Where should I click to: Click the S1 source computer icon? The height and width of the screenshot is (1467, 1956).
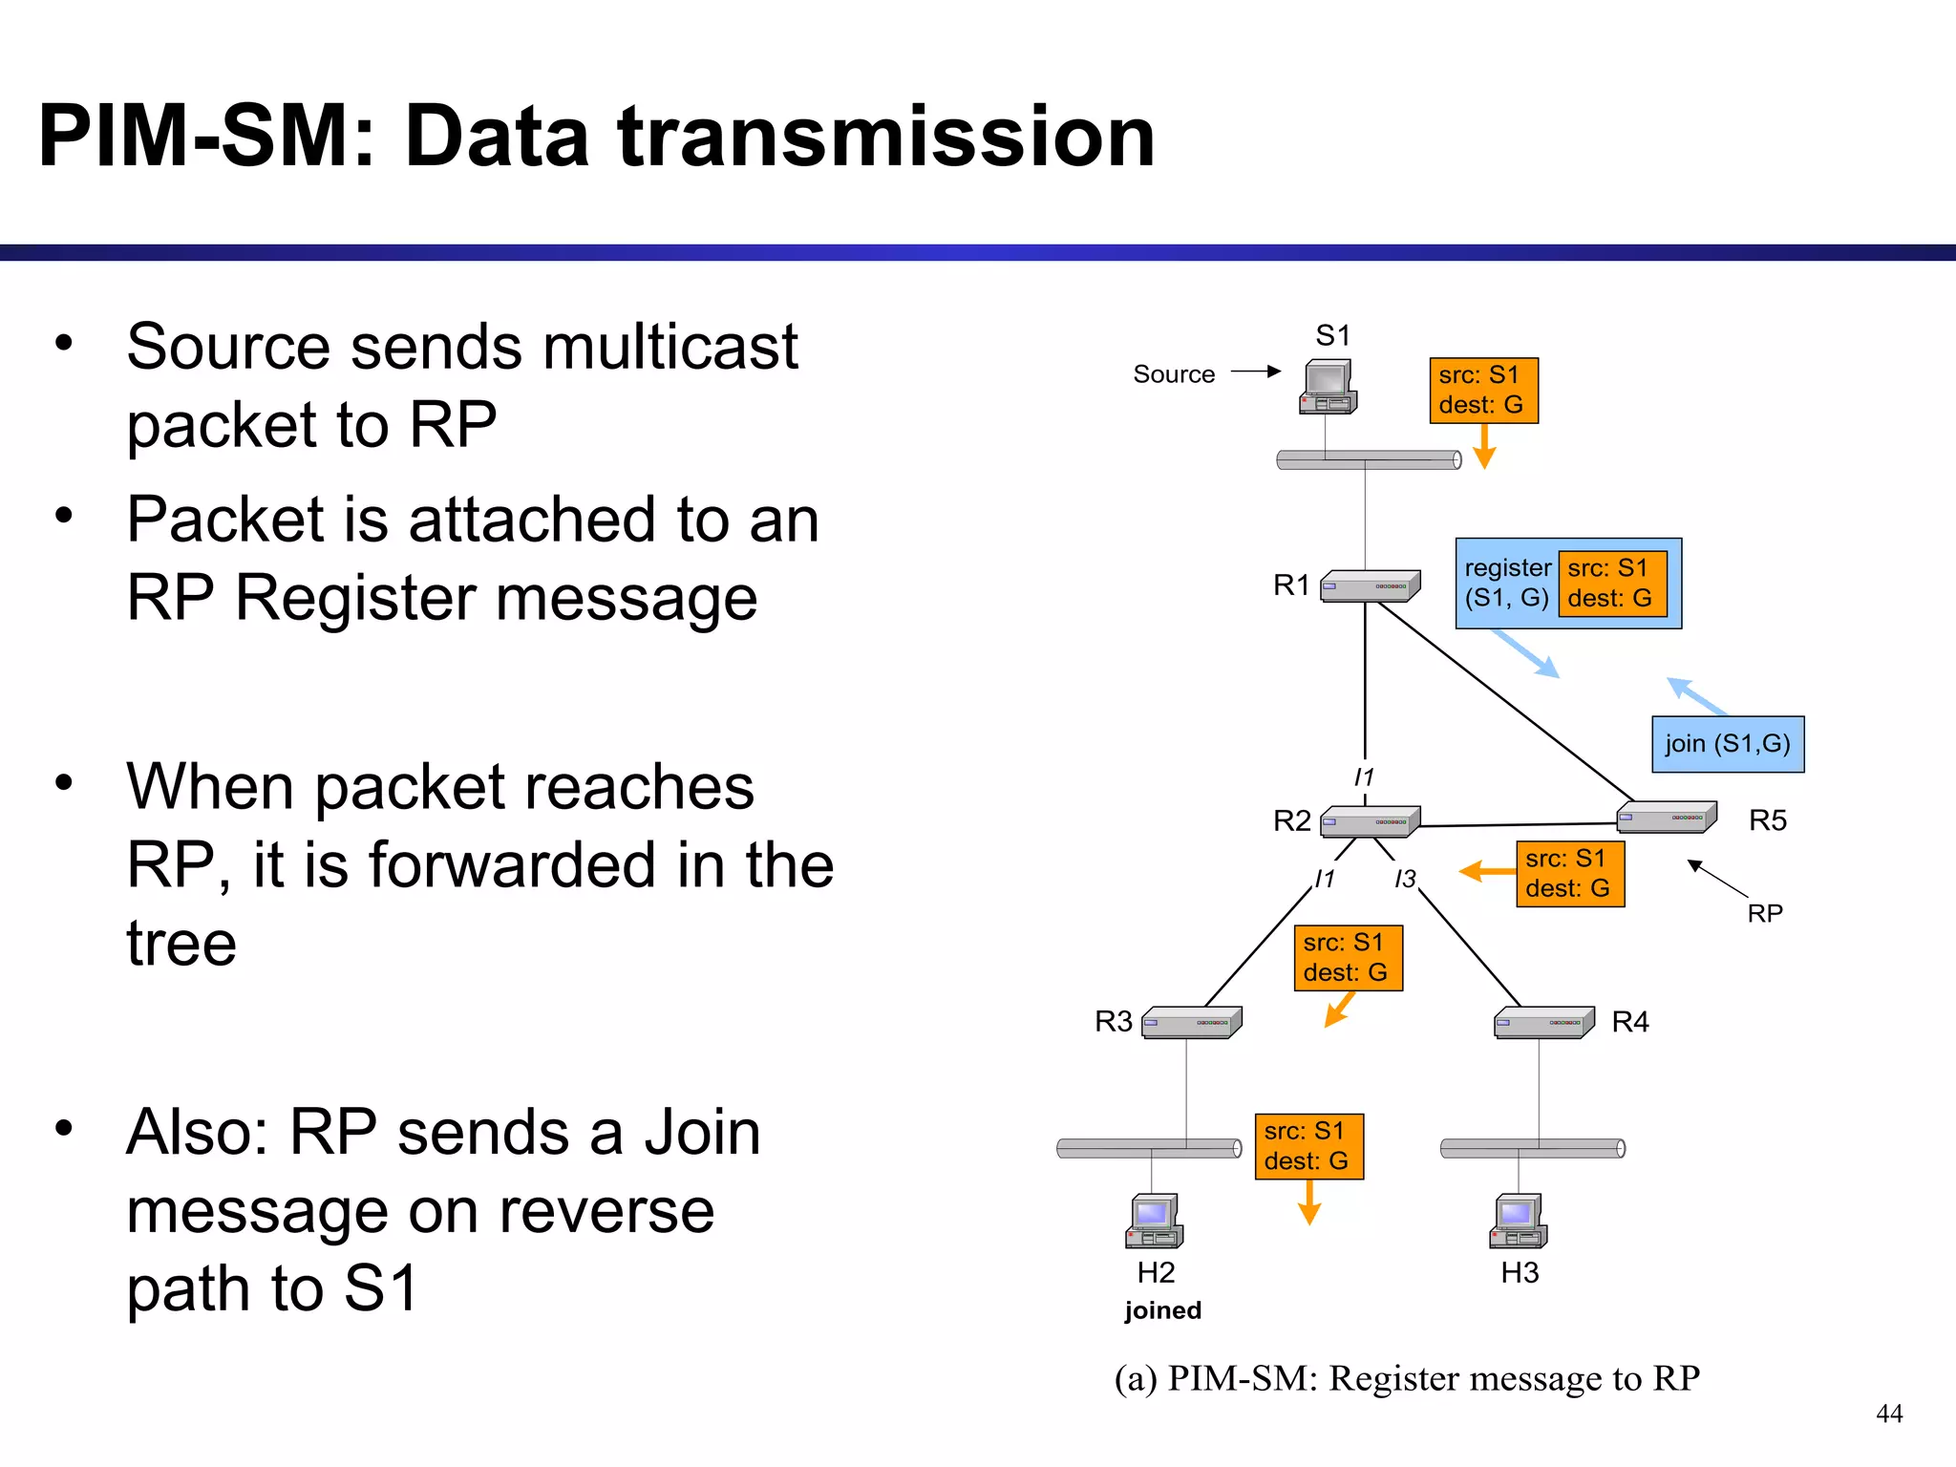click(1329, 388)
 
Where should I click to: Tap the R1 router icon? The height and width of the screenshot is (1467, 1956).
click(1370, 586)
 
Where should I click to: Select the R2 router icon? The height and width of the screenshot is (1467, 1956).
click(1370, 821)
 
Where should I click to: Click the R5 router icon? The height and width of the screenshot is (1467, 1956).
click(1667, 817)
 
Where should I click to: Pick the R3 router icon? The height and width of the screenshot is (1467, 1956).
click(1192, 1022)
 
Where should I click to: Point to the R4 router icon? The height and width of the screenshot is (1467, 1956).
click(1544, 1022)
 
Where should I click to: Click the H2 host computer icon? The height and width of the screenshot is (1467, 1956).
click(1155, 1222)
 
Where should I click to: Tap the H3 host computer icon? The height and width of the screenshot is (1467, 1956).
click(1519, 1222)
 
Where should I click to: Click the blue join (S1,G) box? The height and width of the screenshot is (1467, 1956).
click(1728, 744)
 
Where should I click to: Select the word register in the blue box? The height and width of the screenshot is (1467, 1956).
click(1507, 568)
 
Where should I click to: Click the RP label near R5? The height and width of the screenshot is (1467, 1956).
click(1765, 914)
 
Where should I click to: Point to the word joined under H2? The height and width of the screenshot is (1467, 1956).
click(1162, 1310)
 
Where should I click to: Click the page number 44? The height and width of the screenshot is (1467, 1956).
click(1888, 1414)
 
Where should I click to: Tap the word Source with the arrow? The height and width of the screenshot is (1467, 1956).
click(1174, 374)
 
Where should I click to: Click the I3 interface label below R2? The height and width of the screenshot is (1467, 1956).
click(1405, 879)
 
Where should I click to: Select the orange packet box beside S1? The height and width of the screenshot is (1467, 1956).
click(1483, 391)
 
